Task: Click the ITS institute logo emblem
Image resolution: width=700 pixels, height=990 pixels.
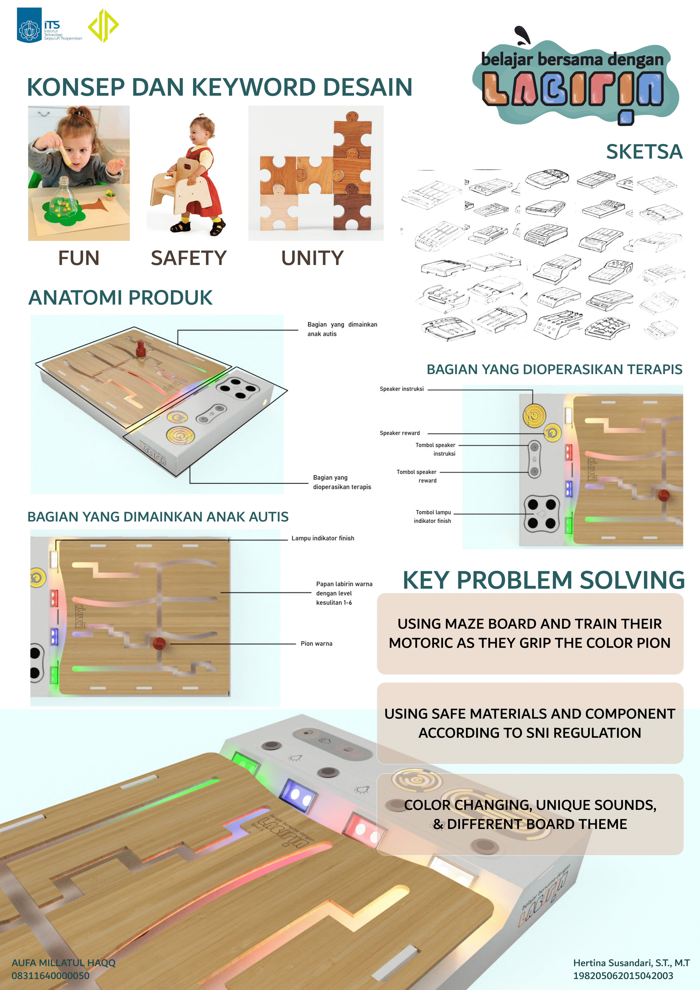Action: click(29, 25)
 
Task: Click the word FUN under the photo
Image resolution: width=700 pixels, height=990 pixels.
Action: click(79, 258)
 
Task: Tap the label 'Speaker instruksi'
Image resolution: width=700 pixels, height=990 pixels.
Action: click(402, 389)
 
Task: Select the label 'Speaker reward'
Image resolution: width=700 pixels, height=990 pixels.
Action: click(400, 433)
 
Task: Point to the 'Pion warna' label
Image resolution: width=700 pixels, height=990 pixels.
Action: click(316, 643)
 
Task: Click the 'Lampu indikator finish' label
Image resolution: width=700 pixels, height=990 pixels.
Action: click(323, 538)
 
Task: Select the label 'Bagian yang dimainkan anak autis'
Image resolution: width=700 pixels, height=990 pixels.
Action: click(342, 329)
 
